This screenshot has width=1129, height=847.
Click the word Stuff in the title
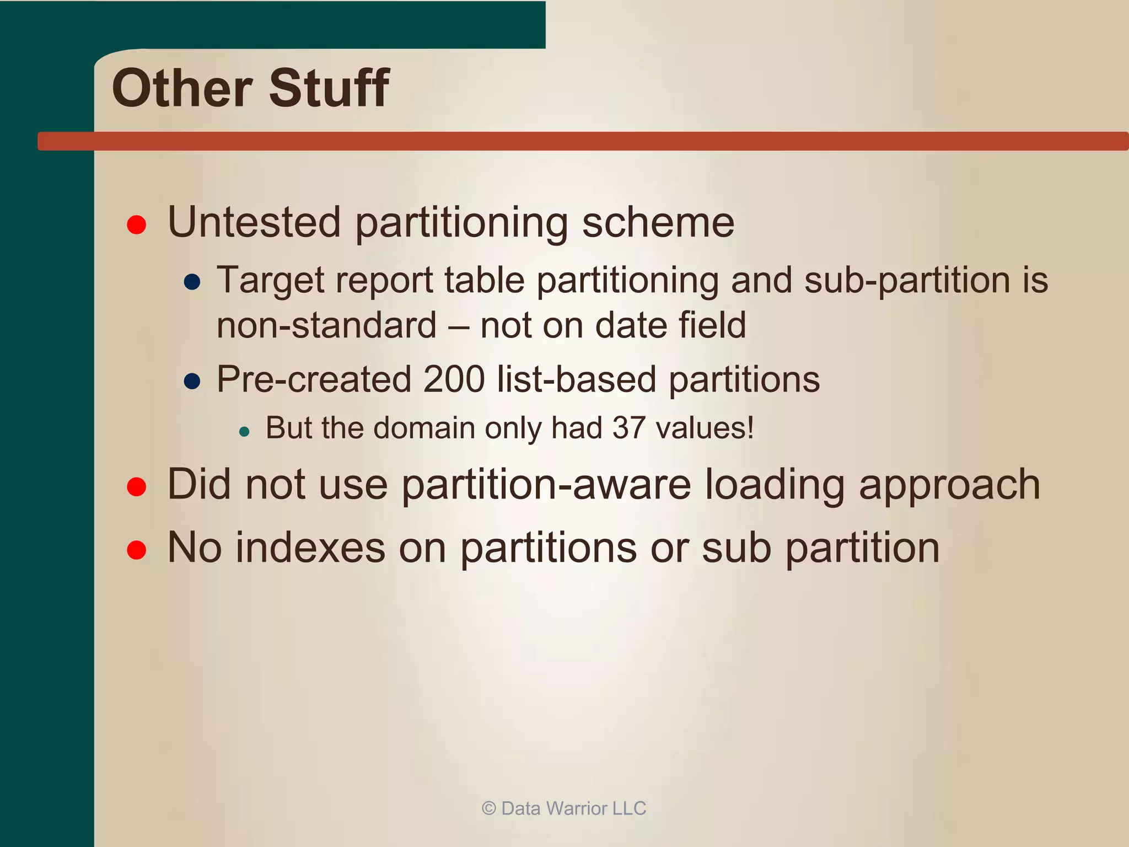click(x=329, y=88)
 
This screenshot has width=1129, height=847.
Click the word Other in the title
click(x=182, y=88)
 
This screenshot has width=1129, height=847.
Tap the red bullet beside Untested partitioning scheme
click(x=136, y=224)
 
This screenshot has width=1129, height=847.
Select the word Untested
click(x=254, y=222)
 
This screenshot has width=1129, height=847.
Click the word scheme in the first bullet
click(x=658, y=222)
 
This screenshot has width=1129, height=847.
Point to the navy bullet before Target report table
click(x=192, y=282)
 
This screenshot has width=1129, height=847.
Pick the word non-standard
click(x=326, y=325)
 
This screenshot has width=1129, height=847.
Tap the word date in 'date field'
click(x=631, y=325)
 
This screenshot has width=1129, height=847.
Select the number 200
click(x=454, y=379)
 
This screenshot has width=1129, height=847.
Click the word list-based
click(x=577, y=379)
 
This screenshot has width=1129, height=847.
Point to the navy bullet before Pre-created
click(x=192, y=381)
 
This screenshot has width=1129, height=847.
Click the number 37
click(x=628, y=428)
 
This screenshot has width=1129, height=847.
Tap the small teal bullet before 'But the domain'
click(x=245, y=431)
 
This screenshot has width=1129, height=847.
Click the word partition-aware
click(x=546, y=485)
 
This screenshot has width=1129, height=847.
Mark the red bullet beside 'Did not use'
click(x=136, y=486)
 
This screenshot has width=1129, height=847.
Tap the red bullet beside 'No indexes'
click(x=136, y=550)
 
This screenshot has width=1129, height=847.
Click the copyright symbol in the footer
click(x=488, y=808)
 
